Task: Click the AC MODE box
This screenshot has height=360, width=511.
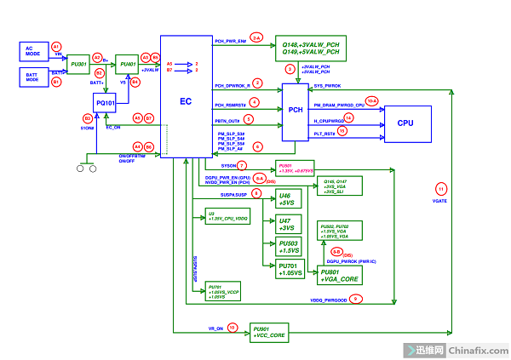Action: coord(33,51)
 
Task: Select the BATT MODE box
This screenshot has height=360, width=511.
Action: coord(33,77)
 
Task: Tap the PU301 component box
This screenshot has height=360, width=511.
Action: coord(79,63)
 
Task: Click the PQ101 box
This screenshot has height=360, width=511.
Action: coord(106,104)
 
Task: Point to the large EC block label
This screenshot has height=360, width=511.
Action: coord(185,101)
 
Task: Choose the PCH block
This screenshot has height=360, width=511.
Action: coord(296,110)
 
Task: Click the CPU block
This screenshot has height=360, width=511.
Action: coord(405,123)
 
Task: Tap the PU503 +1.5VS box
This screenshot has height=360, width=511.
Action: coord(288,247)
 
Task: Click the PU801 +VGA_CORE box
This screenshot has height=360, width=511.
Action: coord(341,274)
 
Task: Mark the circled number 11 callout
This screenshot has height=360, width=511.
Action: coord(440,187)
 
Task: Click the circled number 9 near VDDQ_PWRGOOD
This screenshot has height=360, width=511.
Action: coord(357,299)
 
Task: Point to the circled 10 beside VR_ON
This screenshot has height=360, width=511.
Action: coord(232,326)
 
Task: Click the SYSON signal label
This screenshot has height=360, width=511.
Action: coord(227,165)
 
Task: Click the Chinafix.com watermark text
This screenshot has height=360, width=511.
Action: coord(478,350)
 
